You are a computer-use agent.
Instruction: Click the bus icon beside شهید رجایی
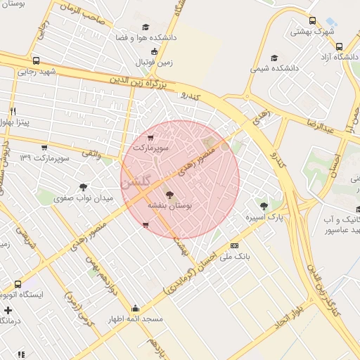[37, 60]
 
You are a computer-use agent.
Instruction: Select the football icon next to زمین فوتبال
[154, 51]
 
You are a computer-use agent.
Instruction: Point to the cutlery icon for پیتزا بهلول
[13, 111]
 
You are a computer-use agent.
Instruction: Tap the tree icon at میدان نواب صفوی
[83, 187]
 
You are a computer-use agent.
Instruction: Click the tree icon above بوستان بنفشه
[169, 194]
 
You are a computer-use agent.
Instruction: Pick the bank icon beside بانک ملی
[234, 245]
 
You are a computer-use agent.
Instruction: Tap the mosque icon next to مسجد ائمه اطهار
[135, 308]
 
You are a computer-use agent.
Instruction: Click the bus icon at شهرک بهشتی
[313, 20]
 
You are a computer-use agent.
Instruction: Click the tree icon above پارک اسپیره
[264, 207]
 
